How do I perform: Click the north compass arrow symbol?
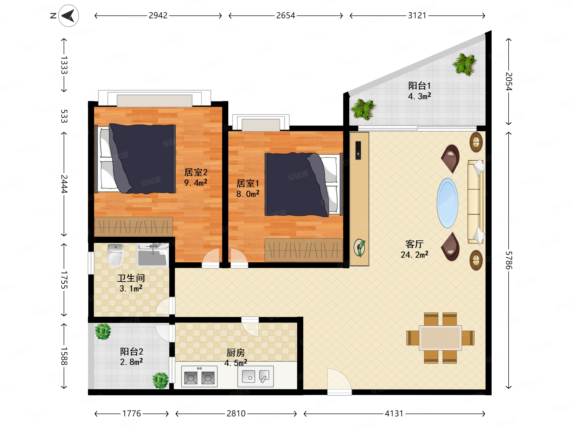69,16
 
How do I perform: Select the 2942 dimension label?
158,15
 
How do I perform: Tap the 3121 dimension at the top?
417,15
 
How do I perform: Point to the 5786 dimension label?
509,260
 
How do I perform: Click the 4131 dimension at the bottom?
394,414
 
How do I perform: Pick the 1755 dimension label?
64,280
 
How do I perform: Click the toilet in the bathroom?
116,255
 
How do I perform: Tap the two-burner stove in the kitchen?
199,376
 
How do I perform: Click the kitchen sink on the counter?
256,376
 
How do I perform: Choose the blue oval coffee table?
447,203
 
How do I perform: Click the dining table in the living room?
440,338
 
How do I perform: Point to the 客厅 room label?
415,244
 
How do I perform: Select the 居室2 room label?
196,172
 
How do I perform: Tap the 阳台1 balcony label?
419,86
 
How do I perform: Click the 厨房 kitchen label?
235,352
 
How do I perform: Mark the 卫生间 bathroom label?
131,278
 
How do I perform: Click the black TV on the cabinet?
358,150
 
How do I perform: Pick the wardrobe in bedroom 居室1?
304,250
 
